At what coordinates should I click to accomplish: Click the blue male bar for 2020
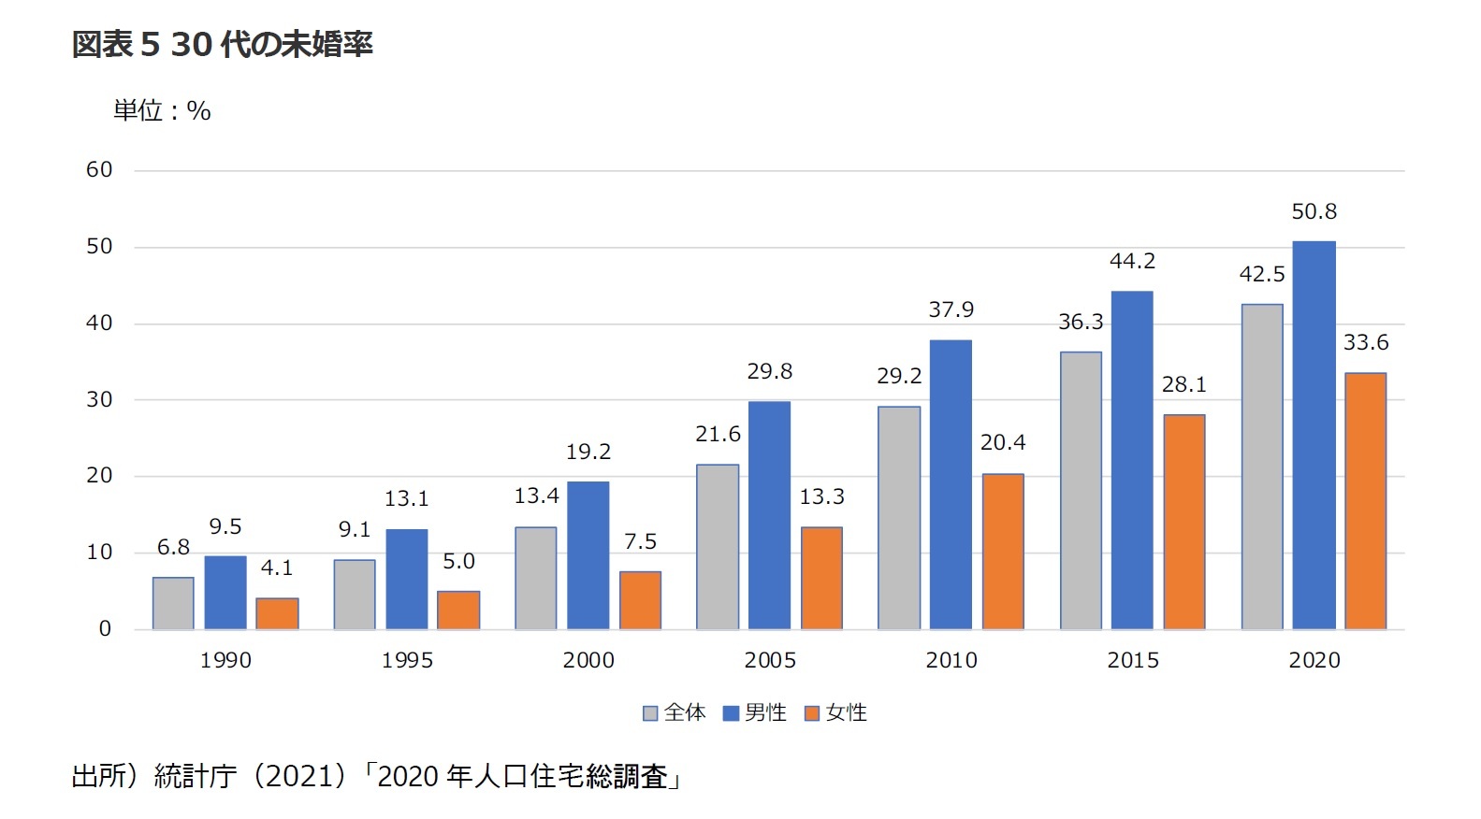(x=1314, y=435)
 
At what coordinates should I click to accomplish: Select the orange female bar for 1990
(x=277, y=613)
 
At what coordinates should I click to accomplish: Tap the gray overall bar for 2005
(x=718, y=547)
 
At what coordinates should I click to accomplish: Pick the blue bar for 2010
(x=951, y=484)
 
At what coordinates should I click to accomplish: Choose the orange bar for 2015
(x=1183, y=522)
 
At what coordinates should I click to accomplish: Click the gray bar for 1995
(x=355, y=595)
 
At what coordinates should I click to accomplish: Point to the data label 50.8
(x=1314, y=212)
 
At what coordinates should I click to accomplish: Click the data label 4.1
(x=277, y=568)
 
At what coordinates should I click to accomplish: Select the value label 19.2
(x=588, y=453)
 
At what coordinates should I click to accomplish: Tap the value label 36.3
(x=1081, y=323)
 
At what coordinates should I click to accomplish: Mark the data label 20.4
(x=1002, y=442)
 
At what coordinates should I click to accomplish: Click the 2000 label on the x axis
(x=588, y=660)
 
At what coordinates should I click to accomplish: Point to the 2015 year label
(x=1132, y=660)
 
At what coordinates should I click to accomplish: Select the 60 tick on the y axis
(x=99, y=170)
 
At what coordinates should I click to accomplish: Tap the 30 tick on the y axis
(x=99, y=400)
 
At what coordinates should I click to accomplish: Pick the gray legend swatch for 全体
(x=650, y=713)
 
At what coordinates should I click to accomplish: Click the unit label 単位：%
(x=162, y=111)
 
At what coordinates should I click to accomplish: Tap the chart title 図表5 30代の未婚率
(x=222, y=44)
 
